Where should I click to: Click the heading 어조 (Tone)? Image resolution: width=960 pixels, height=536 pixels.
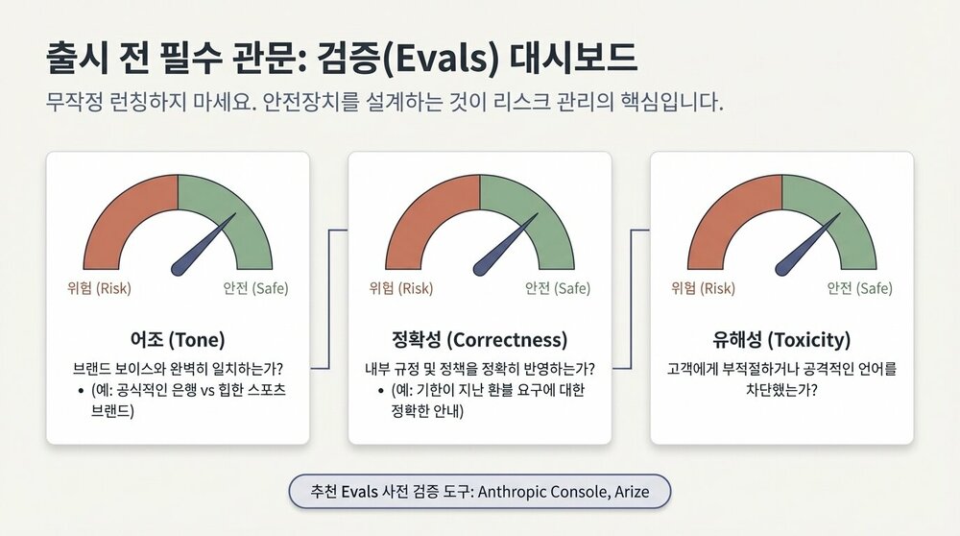pos(178,339)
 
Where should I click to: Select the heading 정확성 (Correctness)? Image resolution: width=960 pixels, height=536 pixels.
pos(479,339)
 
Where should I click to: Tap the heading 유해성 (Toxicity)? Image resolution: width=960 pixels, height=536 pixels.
pos(781,339)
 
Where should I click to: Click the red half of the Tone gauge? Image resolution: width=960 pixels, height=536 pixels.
pos(125,216)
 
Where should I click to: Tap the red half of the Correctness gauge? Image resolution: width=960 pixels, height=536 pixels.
pos(426,216)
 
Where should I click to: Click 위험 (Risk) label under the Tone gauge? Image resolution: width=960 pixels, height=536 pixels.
pos(99,288)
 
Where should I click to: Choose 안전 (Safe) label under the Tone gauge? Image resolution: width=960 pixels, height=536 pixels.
pos(255,288)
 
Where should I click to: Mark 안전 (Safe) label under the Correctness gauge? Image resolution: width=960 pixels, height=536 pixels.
pos(558,288)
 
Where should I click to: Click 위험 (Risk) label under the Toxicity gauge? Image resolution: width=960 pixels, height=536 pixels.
pos(703,288)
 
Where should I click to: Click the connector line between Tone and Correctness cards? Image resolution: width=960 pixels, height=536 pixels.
pos(328,298)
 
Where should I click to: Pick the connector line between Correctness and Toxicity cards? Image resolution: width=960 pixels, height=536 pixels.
pos(631,298)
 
